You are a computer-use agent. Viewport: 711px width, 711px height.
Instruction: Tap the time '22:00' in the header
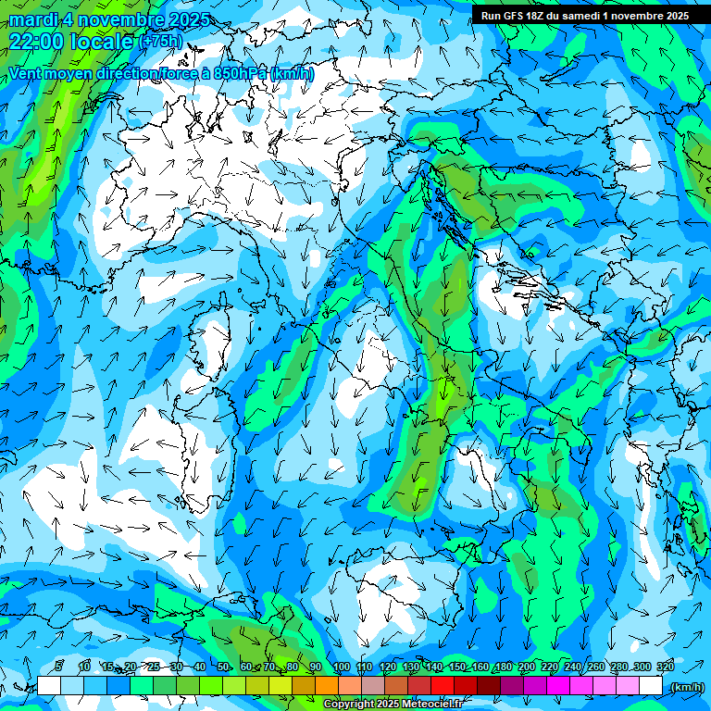[x=37, y=42]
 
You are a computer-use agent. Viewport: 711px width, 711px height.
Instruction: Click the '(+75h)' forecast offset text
[x=161, y=42]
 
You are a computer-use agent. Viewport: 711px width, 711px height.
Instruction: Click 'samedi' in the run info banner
[x=579, y=16]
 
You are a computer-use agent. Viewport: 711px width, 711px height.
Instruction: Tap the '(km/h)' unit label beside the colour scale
[x=686, y=686]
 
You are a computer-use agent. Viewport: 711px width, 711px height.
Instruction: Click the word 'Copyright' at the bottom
[x=349, y=705]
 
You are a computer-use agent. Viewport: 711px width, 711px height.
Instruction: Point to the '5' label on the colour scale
[x=59, y=667]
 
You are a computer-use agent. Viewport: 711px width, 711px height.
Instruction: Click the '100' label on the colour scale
[x=341, y=667]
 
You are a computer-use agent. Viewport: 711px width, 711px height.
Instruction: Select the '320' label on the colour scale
[x=666, y=667]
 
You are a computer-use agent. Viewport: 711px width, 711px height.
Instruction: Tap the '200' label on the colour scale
[x=527, y=667]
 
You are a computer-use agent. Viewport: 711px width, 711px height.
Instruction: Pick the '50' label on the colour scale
[x=223, y=667]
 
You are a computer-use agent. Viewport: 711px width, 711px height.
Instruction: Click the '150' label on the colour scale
[x=457, y=667]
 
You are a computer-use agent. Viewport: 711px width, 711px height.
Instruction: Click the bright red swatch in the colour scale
[x=443, y=686]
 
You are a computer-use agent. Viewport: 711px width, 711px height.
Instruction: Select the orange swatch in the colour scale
[x=327, y=686]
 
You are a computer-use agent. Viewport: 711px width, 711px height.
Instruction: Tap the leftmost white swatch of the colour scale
[x=48, y=686]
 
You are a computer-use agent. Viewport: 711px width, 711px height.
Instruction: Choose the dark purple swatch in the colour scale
[x=512, y=686]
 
